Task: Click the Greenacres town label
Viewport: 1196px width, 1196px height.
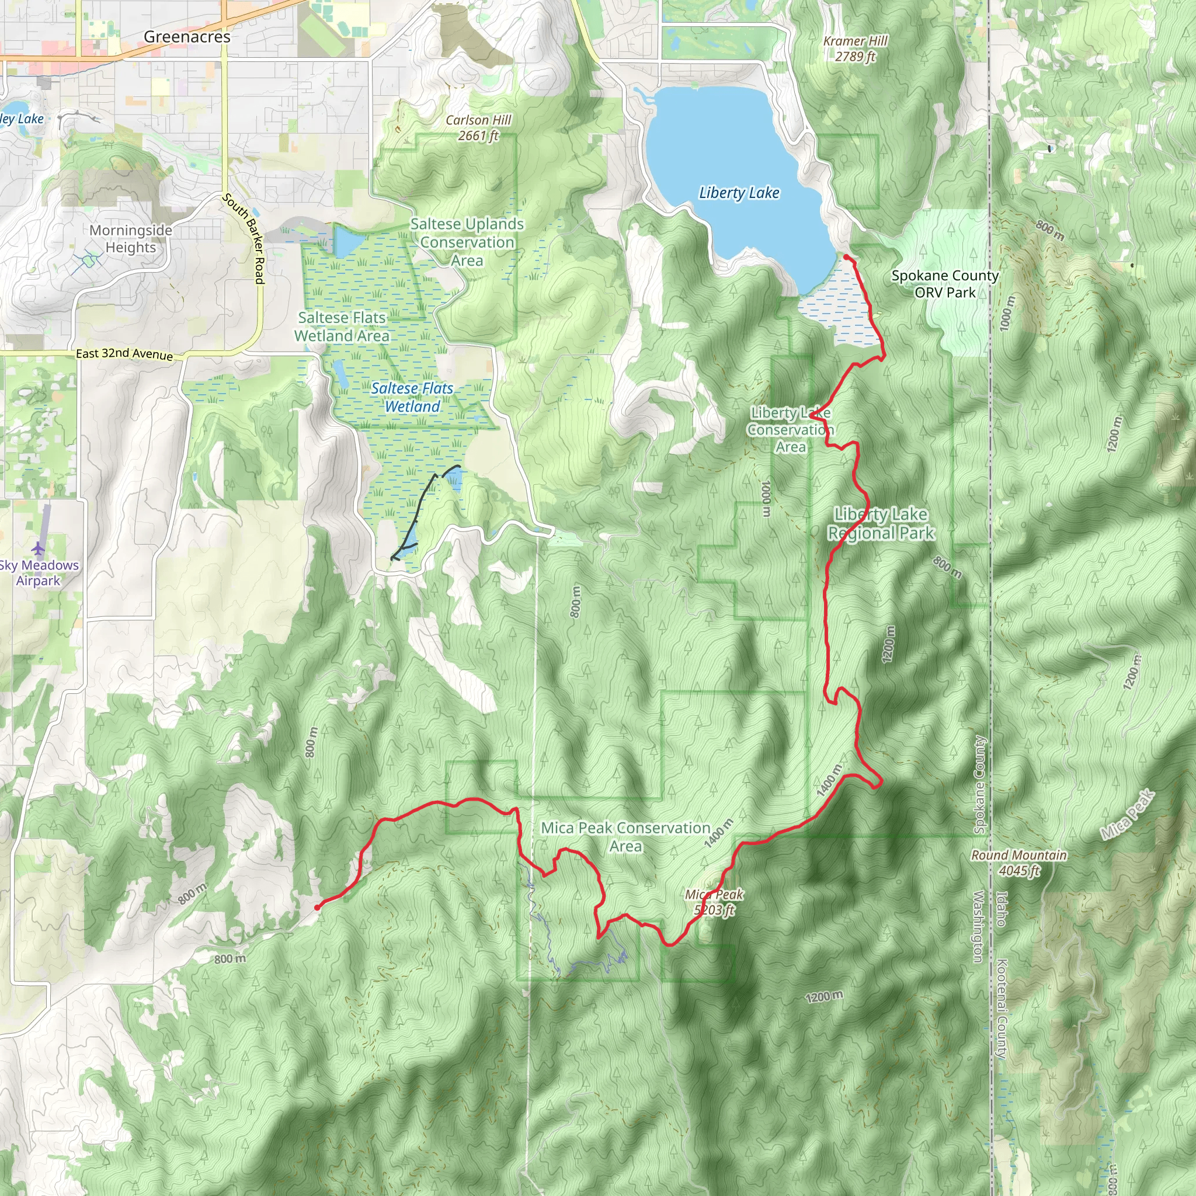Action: click(x=187, y=37)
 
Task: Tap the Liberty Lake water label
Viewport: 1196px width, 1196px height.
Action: click(x=739, y=193)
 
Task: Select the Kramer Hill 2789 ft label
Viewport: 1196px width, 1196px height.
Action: click(x=855, y=49)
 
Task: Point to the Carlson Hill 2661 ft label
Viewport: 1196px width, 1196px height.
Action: click(x=478, y=128)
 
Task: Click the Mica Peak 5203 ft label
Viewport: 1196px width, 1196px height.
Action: click(x=714, y=902)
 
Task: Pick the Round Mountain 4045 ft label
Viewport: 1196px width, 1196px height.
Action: click(x=1018, y=863)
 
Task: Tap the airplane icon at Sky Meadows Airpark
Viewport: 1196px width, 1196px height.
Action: click(x=39, y=548)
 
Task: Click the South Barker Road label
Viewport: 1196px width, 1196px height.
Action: click(x=244, y=238)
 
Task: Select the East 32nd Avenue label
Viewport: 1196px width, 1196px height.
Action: click(x=124, y=354)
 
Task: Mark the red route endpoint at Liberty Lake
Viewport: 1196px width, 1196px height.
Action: click(x=846, y=257)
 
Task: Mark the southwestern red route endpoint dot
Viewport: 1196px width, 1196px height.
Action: click(x=317, y=908)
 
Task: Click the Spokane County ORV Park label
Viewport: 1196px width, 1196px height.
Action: click(x=945, y=283)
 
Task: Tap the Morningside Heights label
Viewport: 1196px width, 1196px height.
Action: click(x=131, y=239)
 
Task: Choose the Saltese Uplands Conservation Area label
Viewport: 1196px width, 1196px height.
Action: click(x=467, y=242)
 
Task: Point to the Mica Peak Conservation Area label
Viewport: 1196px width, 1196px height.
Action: click(x=625, y=837)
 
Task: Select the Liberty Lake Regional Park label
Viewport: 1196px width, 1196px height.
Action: click(x=880, y=524)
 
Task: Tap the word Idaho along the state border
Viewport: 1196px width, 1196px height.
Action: click(x=1001, y=908)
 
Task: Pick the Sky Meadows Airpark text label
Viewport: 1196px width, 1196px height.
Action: click(x=39, y=573)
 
